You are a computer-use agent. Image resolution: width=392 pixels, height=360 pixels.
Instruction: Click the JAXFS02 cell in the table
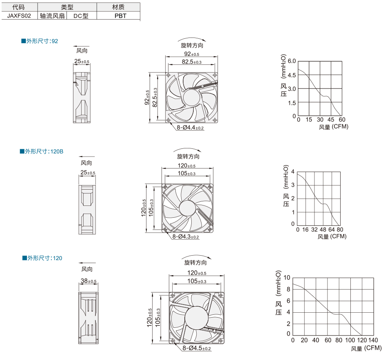click(x=19, y=16)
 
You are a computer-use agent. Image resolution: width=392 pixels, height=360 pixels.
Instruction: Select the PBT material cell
click(x=120, y=16)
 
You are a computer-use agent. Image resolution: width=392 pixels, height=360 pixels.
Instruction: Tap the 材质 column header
click(x=118, y=7)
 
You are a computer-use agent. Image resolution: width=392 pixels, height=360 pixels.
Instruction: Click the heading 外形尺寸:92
click(x=40, y=41)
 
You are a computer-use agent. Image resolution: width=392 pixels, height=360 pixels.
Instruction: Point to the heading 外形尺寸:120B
click(x=42, y=151)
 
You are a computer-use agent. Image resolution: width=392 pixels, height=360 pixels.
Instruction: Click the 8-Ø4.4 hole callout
click(x=190, y=128)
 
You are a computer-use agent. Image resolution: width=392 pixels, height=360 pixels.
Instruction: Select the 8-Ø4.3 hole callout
click(x=186, y=236)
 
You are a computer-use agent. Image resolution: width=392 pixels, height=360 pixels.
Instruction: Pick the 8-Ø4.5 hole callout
click(x=197, y=348)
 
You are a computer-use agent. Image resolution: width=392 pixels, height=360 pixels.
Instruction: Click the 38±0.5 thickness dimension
click(x=89, y=281)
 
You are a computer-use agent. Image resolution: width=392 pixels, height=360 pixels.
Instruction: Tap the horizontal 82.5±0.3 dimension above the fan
click(x=192, y=62)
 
